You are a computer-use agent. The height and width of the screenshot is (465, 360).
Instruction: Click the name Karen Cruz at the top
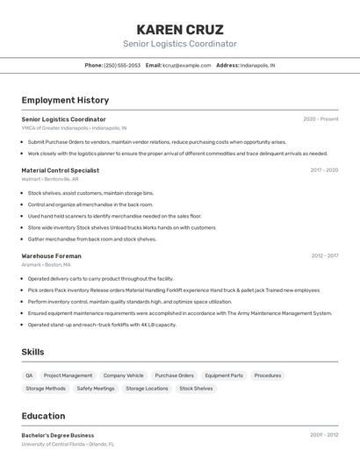pos(180,29)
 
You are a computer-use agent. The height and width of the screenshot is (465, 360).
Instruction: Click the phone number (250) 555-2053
pos(122,65)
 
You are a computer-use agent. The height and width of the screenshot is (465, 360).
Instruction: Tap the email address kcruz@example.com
pos(186,65)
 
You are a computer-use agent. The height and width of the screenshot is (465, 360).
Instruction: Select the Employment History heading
pos(65,100)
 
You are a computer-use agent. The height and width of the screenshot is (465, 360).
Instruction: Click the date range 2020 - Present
pos(320,119)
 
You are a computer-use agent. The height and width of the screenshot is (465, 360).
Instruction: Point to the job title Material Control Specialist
pos(60,170)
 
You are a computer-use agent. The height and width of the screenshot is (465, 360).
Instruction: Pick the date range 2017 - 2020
pos(324,170)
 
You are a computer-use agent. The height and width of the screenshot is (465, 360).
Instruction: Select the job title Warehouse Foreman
pos(53,255)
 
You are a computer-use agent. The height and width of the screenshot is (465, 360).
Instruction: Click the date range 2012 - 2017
pos(324,255)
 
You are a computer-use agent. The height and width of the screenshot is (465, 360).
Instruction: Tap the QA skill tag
pos(30,376)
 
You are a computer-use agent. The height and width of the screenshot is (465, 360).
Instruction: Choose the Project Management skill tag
pos(68,376)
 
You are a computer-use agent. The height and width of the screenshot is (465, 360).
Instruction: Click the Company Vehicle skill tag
pos(123,376)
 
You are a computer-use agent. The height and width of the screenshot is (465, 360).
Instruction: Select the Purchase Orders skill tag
pos(174,376)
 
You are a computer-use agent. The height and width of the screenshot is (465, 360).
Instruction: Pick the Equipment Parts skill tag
pos(224,376)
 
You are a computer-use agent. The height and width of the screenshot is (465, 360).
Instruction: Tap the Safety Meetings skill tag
pos(96,388)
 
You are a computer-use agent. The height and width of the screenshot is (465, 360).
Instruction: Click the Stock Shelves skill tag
pos(196,388)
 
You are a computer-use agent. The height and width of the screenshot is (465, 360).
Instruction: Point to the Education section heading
pos(43,416)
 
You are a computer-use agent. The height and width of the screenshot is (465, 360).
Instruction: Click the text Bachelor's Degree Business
pos(58,435)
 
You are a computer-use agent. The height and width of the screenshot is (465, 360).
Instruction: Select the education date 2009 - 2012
pos(324,435)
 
